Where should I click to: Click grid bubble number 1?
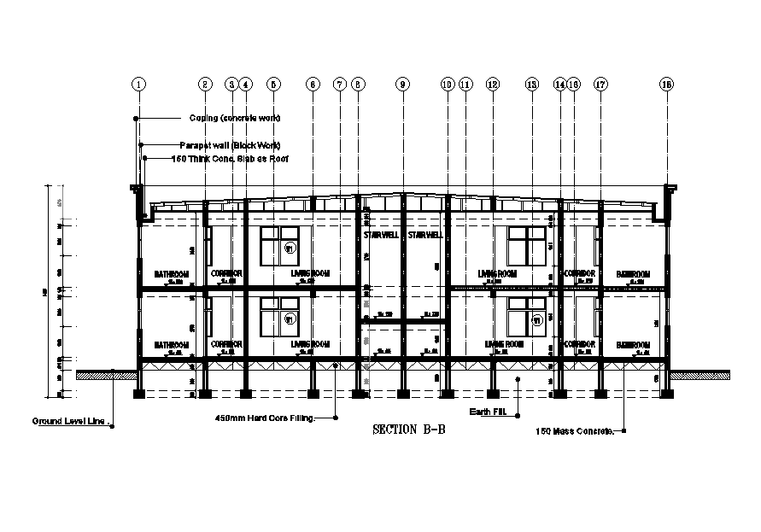coord(139,84)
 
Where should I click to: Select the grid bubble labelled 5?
coord(272,84)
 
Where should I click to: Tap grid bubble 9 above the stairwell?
coord(402,84)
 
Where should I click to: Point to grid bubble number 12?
coord(492,84)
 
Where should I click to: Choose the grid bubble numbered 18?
coord(667,84)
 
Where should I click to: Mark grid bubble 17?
coord(600,84)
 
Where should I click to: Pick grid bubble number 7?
coord(340,84)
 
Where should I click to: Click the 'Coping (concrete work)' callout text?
coord(234,118)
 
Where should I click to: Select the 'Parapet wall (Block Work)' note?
coord(230,144)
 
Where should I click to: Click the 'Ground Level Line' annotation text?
coord(68,421)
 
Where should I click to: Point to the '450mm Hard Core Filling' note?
coord(265,418)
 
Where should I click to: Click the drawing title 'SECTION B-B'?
coord(409,430)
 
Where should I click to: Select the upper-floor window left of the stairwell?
coord(279,245)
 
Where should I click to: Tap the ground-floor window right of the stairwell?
coord(526,317)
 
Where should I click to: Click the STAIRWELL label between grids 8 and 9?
coord(379,235)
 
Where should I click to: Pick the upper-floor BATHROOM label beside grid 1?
coord(171,274)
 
